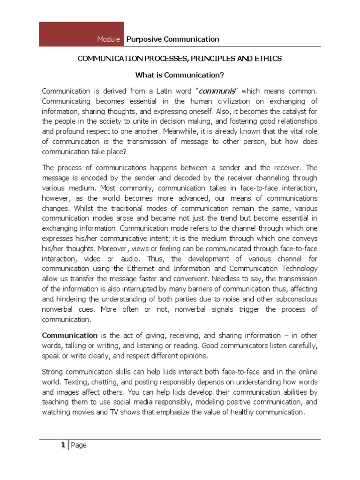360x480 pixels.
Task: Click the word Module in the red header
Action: (108, 39)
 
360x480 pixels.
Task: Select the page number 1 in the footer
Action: (62, 445)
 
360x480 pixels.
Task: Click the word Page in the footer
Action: (79, 445)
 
